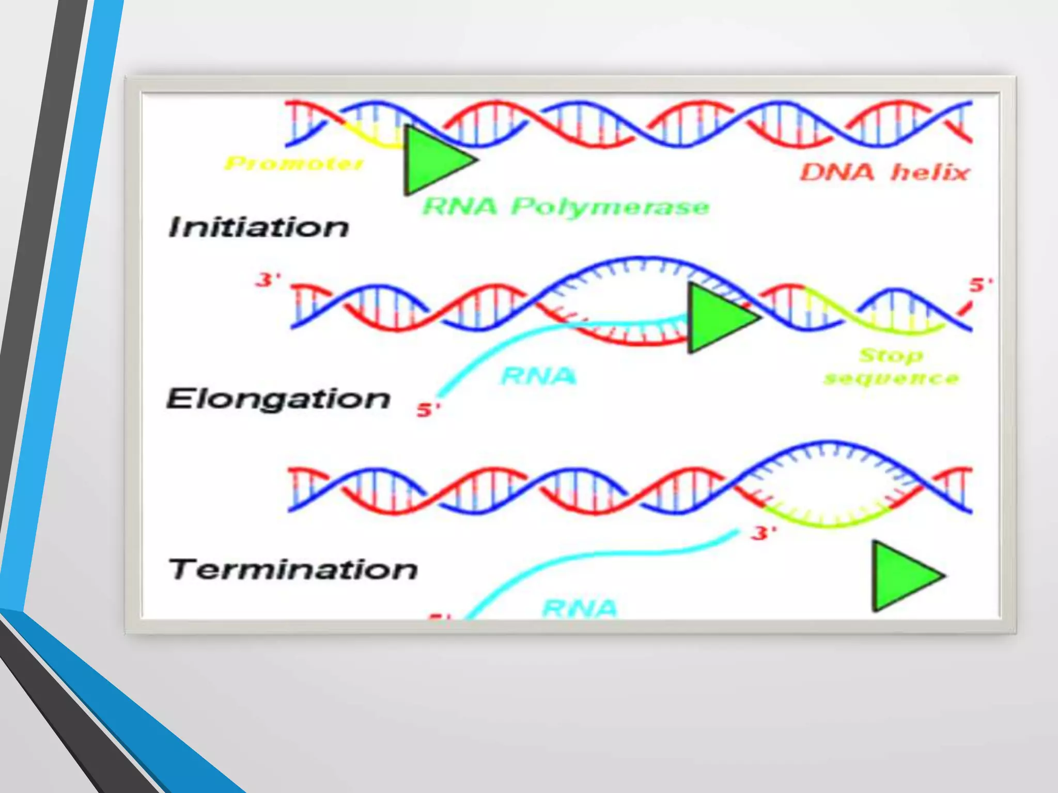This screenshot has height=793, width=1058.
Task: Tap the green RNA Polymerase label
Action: click(x=566, y=207)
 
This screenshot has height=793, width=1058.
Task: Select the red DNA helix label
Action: click(x=884, y=172)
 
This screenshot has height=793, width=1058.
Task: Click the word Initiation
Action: click(x=258, y=227)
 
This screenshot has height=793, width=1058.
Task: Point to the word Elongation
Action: click(x=278, y=399)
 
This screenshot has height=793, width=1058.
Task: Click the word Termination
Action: click(x=293, y=569)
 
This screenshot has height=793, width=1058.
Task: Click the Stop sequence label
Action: click(x=891, y=367)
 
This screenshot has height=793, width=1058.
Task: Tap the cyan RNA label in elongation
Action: click(x=538, y=376)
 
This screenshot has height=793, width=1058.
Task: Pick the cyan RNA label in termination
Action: click(x=580, y=608)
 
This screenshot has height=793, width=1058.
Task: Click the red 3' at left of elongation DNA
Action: click(x=268, y=280)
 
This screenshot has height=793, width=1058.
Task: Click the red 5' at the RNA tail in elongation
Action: click(x=428, y=410)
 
